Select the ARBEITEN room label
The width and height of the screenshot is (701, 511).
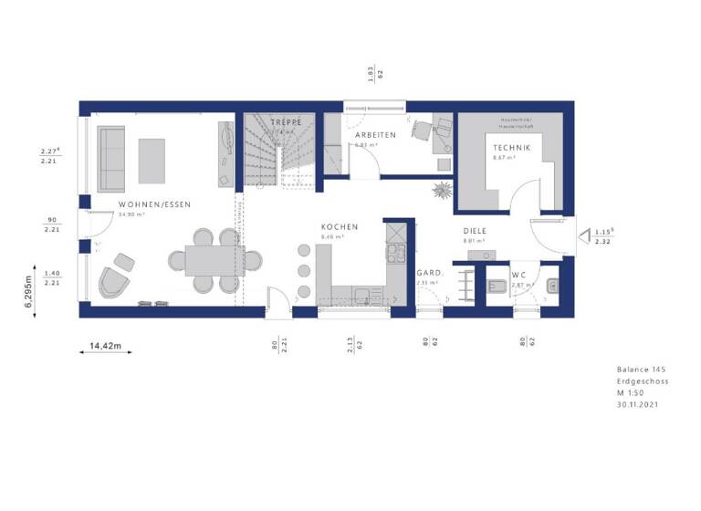[x=374, y=135]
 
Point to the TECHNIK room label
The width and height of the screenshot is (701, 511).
[x=512, y=148]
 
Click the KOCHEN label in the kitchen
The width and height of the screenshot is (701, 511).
[x=340, y=227]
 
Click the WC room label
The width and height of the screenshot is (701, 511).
[x=518, y=275]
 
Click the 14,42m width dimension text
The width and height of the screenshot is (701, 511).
[x=106, y=347]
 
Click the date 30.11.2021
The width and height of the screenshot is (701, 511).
[x=638, y=403]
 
